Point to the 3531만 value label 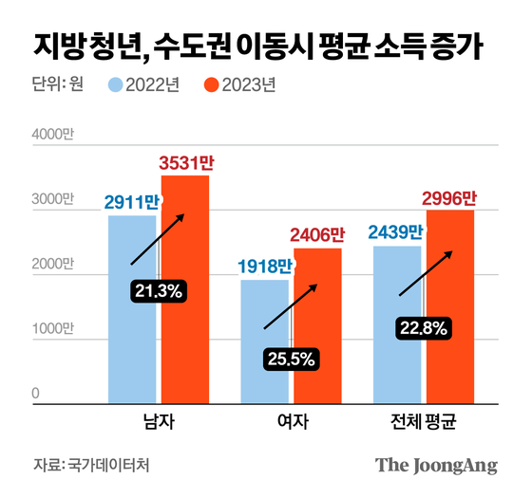[x=186, y=164]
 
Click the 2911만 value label [x=132, y=202]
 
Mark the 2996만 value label [x=450, y=198]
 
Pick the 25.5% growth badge [x=290, y=360]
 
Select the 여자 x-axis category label [x=291, y=419]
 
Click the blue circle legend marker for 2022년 [x=117, y=86]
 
